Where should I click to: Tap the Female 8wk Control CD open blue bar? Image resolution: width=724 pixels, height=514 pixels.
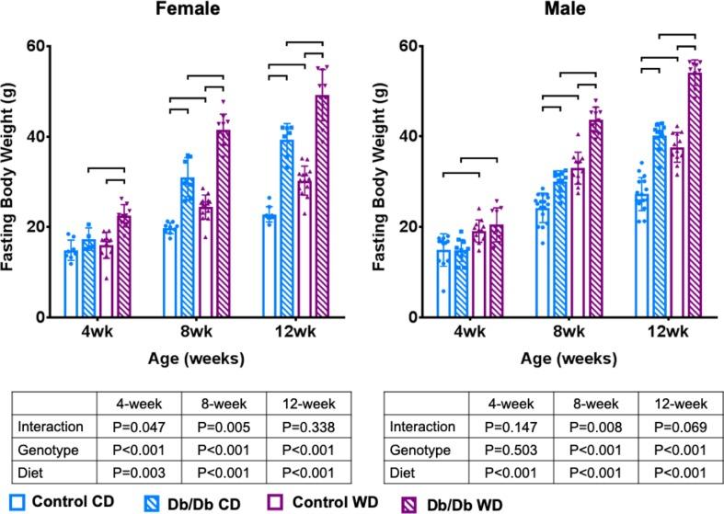[x=169, y=272]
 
